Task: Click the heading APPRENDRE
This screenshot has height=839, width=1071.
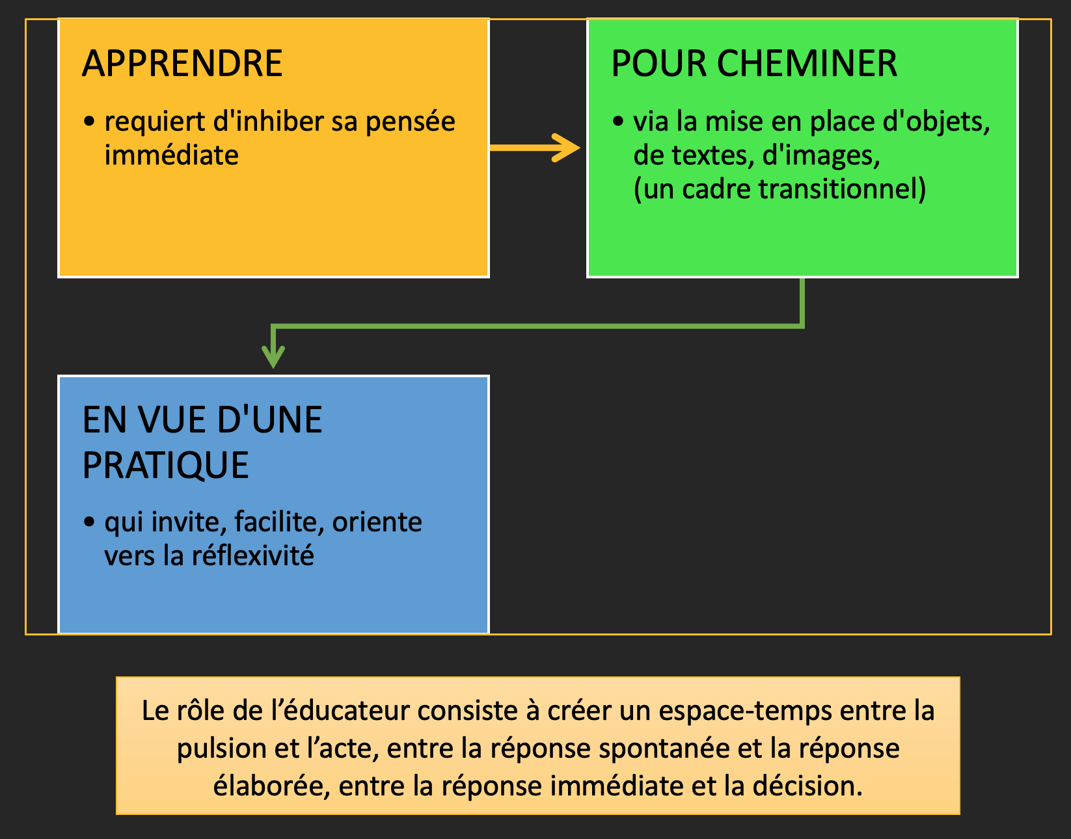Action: (x=182, y=64)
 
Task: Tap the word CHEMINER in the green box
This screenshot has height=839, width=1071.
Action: (x=807, y=64)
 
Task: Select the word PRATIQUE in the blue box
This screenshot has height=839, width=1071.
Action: (x=165, y=466)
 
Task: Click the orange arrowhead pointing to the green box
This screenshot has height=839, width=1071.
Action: (x=566, y=147)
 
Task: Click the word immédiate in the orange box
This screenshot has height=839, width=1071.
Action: (x=172, y=155)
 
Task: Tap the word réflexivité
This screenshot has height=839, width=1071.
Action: (x=252, y=555)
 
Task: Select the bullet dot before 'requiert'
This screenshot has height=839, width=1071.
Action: (x=88, y=121)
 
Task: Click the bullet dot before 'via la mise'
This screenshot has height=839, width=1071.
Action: (x=618, y=121)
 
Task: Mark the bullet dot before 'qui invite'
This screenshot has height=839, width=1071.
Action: (x=88, y=522)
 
